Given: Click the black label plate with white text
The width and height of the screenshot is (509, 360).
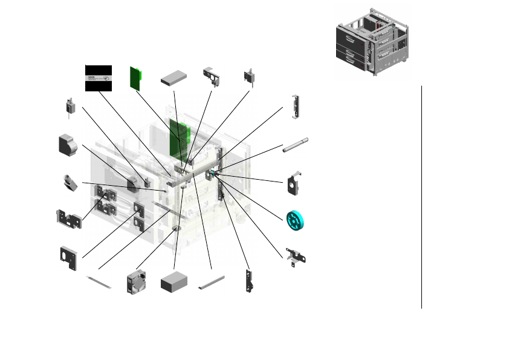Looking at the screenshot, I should point(98,77).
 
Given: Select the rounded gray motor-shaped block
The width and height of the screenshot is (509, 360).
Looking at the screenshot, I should point(68,146).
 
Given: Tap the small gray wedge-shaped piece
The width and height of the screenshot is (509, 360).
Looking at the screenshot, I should point(70,182).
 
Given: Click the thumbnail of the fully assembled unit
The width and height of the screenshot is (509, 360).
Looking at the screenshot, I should point(372,42).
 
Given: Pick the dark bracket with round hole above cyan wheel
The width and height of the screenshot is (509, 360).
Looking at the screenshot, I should point(294,184).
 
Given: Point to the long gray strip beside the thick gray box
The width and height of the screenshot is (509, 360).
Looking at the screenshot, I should point(212,281).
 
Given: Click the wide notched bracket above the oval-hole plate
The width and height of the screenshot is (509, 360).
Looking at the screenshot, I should point(68,218).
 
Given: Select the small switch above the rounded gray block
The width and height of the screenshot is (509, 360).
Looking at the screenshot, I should point(70,107).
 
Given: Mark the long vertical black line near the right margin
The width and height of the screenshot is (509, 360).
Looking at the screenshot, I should point(421,197).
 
